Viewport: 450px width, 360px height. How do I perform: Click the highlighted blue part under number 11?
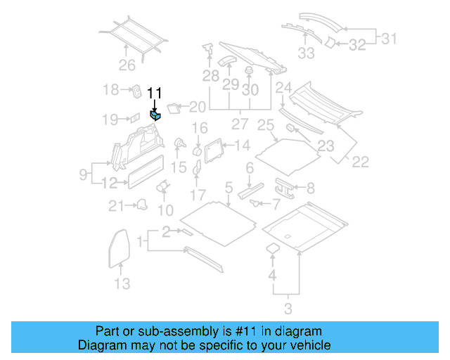coord(155,115)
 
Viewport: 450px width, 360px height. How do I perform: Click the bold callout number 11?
coord(155,93)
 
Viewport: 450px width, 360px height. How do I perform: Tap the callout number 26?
coord(126,67)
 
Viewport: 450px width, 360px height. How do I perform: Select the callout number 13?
coord(122,284)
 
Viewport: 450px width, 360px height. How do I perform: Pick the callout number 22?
coord(359,162)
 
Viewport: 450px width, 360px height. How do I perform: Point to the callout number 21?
coord(115,206)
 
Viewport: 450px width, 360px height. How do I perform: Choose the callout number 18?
coord(111,90)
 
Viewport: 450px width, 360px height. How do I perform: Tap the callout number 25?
coord(265,126)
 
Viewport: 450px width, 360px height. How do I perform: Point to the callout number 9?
coord(83,173)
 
